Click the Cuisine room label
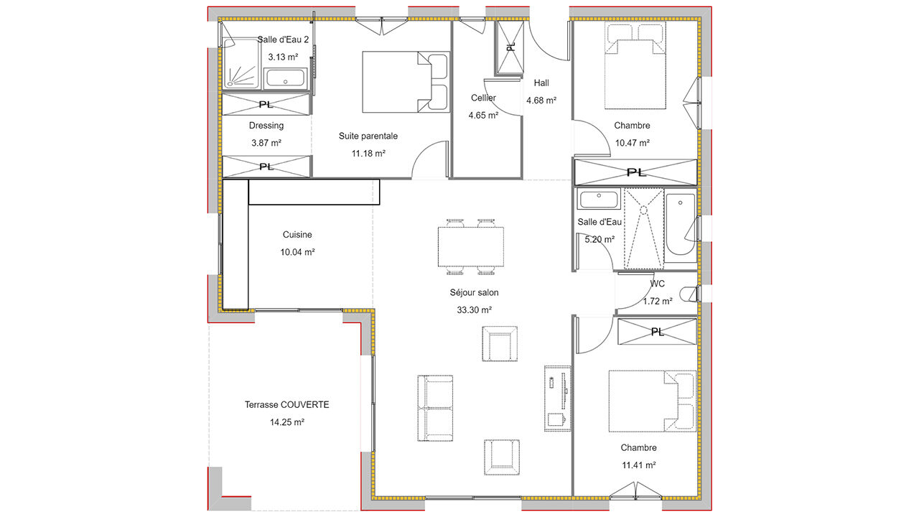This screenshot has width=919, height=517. (x=297, y=235)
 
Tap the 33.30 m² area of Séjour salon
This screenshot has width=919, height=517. (x=475, y=310)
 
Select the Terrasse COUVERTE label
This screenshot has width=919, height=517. (x=286, y=405)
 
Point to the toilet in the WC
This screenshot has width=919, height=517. (x=689, y=294)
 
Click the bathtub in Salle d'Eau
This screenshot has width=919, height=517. (x=680, y=228)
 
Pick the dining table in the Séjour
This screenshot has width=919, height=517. (x=470, y=246)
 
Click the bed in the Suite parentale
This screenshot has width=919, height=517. (x=405, y=82)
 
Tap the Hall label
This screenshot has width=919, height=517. (x=541, y=83)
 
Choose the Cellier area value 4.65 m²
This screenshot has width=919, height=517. (x=483, y=116)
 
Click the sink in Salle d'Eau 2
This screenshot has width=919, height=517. (x=285, y=78)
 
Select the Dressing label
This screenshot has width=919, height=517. (x=266, y=126)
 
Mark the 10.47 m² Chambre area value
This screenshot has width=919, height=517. (x=633, y=143)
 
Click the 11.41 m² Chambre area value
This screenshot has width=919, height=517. (x=639, y=465)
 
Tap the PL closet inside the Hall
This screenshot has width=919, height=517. (x=510, y=47)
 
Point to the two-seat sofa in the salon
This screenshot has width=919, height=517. (x=435, y=409)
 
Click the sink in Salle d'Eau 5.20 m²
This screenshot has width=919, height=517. (x=599, y=199)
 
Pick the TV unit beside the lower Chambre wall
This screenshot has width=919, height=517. (x=558, y=399)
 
